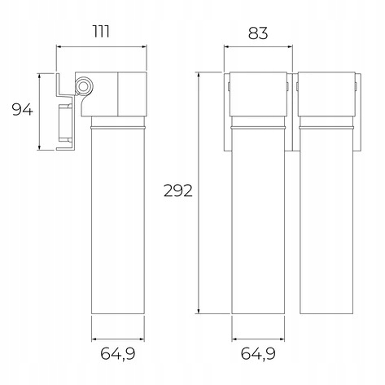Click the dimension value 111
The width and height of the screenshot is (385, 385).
pos(102,32)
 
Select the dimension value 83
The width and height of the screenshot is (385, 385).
pos(258,33)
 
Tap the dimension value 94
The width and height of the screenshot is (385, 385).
pos(22,110)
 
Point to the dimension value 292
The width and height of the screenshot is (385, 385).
pos(178,190)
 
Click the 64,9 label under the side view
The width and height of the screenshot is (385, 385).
pos(118,353)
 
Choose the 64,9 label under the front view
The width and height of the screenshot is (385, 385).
pos(258,353)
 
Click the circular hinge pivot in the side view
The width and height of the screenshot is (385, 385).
pos(84,86)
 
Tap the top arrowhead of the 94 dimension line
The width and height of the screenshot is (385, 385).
pos(40,76)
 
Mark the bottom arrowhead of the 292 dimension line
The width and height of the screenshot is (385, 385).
pos(199,311)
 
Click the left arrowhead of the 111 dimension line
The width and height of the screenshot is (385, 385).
pos(59,47)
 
